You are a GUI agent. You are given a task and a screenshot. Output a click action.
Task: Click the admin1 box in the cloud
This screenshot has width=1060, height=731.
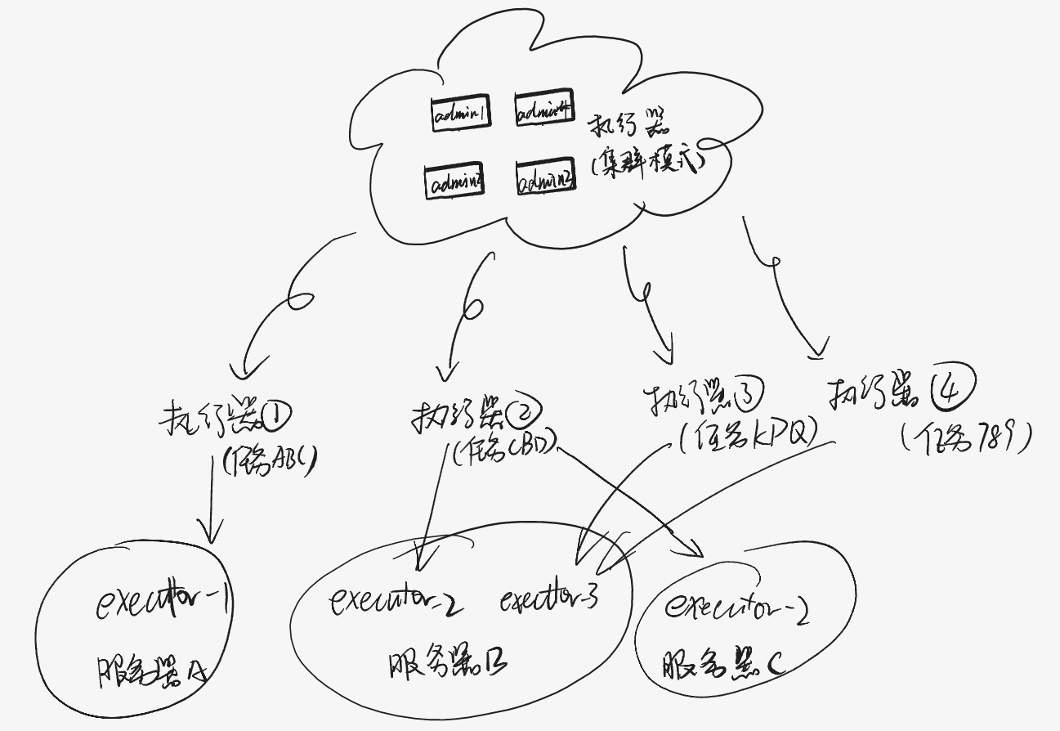(x=461, y=114)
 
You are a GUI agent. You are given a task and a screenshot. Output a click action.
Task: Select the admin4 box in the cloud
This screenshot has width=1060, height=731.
(x=543, y=110)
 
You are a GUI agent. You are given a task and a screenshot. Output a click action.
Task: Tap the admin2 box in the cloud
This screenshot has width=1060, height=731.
(x=454, y=182)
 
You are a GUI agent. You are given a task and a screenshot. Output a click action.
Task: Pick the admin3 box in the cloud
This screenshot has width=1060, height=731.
(x=545, y=177)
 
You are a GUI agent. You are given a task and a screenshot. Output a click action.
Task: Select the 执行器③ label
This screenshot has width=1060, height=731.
(x=703, y=398)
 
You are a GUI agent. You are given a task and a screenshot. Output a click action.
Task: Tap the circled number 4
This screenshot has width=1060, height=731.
(x=951, y=389)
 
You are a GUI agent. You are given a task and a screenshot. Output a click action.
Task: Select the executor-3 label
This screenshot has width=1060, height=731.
(x=549, y=599)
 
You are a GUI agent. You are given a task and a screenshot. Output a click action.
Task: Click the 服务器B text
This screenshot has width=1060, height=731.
(x=448, y=663)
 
